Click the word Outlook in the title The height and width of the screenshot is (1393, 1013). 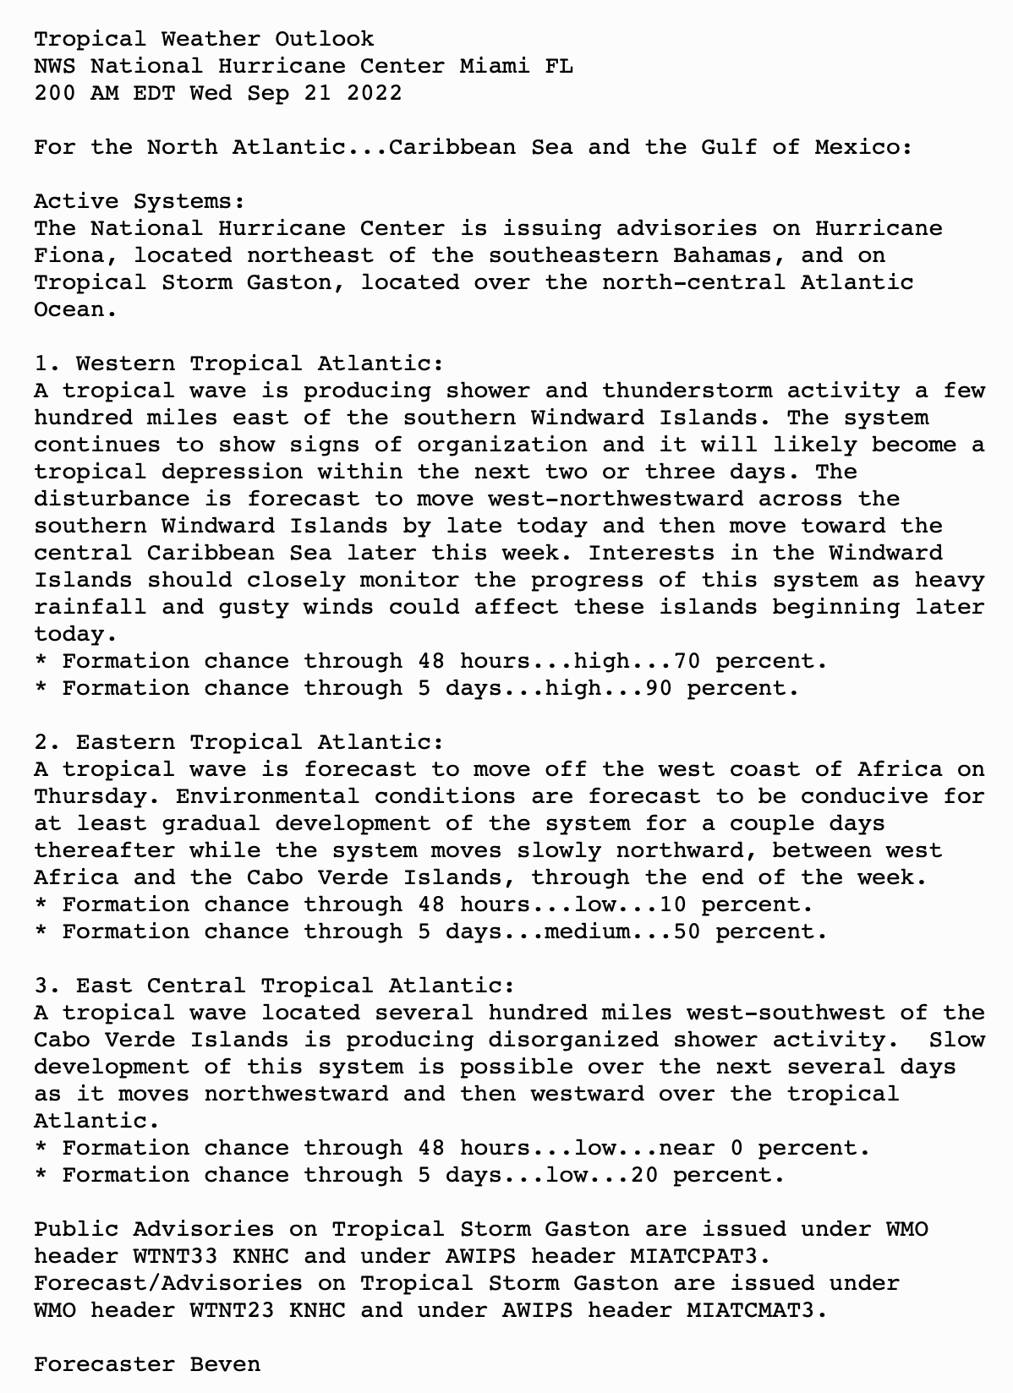[x=324, y=39]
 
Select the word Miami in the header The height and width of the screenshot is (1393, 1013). [x=495, y=66]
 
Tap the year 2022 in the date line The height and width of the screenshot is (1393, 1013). [x=374, y=93]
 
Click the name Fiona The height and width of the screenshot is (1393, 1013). [x=69, y=255]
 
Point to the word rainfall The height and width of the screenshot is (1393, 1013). [x=90, y=607]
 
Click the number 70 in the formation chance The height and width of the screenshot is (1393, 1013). [x=687, y=661]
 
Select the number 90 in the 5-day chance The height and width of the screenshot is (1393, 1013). [x=658, y=688]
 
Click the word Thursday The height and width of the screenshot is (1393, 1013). [x=90, y=796]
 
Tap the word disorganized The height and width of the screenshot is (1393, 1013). [x=573, y=1040]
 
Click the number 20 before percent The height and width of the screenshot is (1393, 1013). [x=644, y=1175]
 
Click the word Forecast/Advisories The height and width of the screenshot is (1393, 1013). [x=168, y=1283]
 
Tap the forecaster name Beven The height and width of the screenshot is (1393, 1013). [x=225, y=1364]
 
